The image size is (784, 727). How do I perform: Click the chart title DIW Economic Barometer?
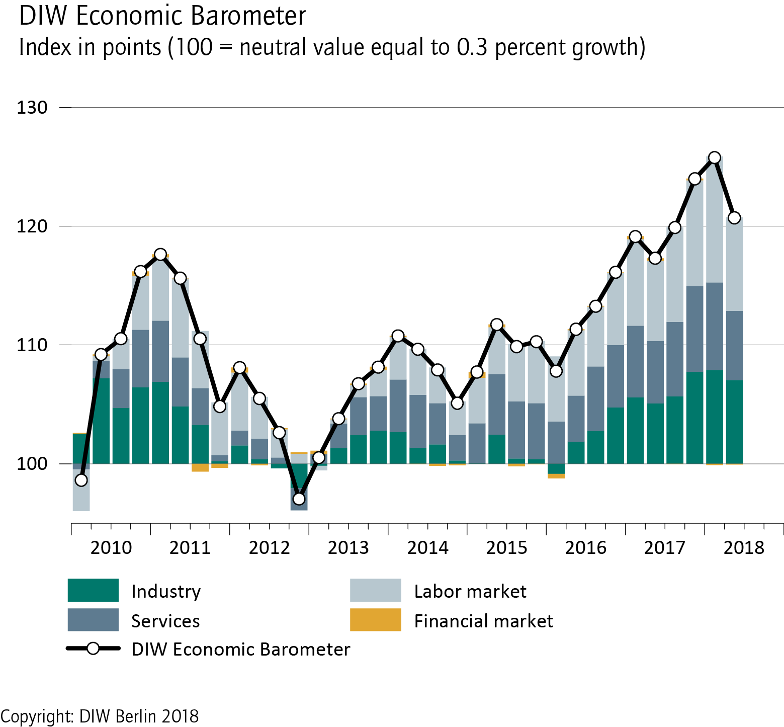click(162, 16)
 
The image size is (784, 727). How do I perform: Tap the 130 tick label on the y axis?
click(32, 108)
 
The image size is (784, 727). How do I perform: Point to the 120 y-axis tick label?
click(32, 226)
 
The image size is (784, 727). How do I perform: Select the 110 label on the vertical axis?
click(32, 345)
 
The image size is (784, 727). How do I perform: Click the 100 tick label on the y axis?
click(32, 464)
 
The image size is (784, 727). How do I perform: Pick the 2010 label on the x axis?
click(111, 547)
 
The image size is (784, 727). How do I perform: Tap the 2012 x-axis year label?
click(269, 547)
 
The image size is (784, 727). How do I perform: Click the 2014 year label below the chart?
click(427, 547)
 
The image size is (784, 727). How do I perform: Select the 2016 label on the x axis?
click(586, 547)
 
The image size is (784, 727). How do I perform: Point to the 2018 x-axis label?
click(744, 547)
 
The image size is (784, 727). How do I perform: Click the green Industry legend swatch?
click(93, 590)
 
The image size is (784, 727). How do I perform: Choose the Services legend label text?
click(165, 621)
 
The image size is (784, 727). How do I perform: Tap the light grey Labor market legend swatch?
click(376, 590)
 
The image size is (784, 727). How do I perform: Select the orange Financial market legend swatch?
click(376, 620)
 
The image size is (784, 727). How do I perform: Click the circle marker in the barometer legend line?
click(93, 649)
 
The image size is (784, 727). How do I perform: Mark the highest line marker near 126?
click(714, 157)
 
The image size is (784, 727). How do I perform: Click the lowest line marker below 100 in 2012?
click(299, 499)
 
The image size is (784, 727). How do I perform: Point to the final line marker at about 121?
click(734, 218)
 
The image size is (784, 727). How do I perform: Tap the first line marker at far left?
click(81, 480)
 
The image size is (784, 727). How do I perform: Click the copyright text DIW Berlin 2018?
click(100, 716)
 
